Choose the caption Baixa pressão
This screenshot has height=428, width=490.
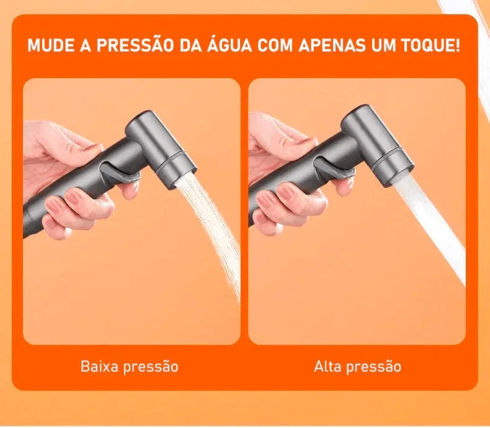click(130, 367)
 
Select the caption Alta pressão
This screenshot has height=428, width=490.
click(357, 367)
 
